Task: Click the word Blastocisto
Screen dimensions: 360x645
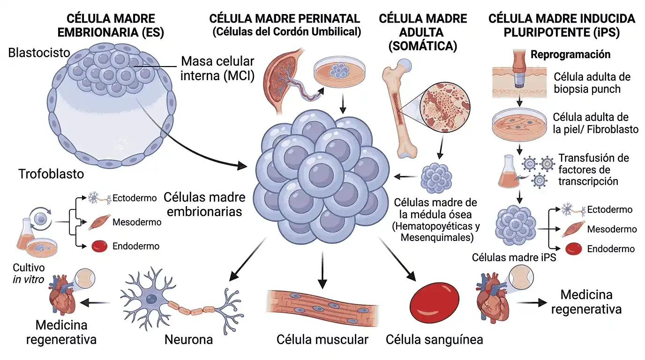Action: [39, 52]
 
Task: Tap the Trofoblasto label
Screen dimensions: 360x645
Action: [51, 174]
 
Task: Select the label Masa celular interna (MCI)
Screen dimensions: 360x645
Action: [217, 68]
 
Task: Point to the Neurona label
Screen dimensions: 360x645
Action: [188, 339]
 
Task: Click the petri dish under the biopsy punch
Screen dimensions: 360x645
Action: [520, 124]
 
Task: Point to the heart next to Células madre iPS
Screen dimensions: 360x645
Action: [490, 299]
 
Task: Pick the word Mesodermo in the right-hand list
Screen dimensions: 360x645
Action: [612, 229]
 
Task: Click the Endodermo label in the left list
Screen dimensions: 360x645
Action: [136, 246]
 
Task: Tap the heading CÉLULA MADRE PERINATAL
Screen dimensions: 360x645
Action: [285, 19]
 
